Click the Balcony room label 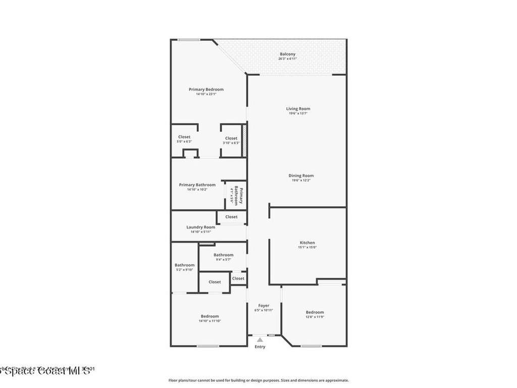tap(287, 54)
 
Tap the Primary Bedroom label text tap(206, 89)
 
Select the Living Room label tap(298, 109)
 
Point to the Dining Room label tap(301, 176)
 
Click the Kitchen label tap(307, 243)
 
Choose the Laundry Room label tap(200, 227)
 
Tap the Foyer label tap(264, 306)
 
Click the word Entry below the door tap(260, 347)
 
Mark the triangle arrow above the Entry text tap(260, 340)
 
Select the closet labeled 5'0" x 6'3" tap(184, 139)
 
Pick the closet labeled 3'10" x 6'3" tap(231, 140)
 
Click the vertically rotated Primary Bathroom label tap(238, 196)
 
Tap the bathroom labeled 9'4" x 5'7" tap(223, 257)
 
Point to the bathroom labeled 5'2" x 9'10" tap(184, 267)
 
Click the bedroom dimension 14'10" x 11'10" tap(210, 321)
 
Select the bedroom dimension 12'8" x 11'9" tap(315, 317)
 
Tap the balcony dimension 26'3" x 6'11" tap(287, 59)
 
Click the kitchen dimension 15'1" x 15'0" tap(307, 248)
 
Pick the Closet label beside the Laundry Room tap(231, 217)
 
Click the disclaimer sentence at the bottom tap(258, 380)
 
